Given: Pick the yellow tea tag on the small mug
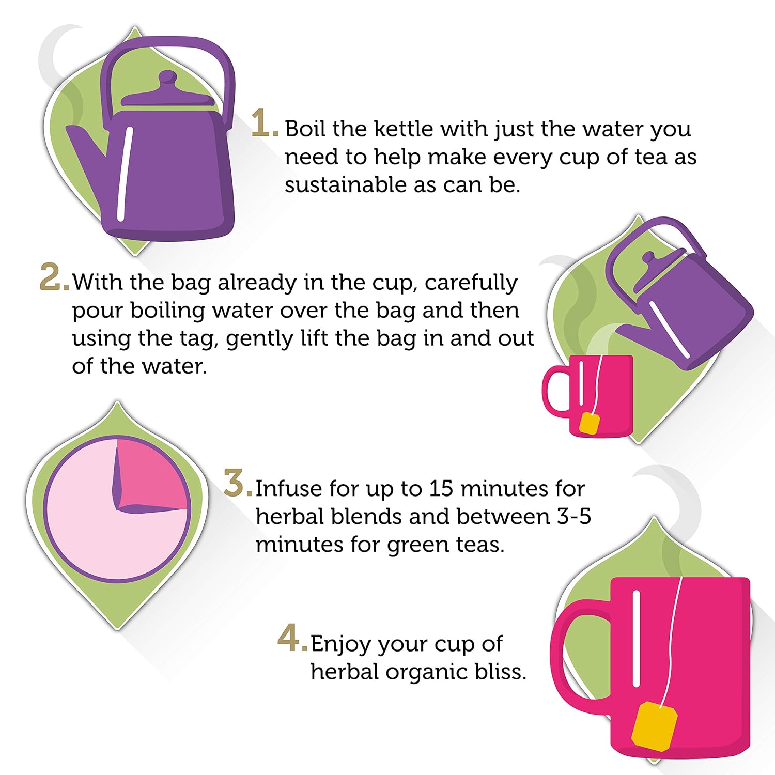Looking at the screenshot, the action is (x=590, y=423).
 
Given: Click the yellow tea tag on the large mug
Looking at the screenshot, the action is (x=654, y=726).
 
